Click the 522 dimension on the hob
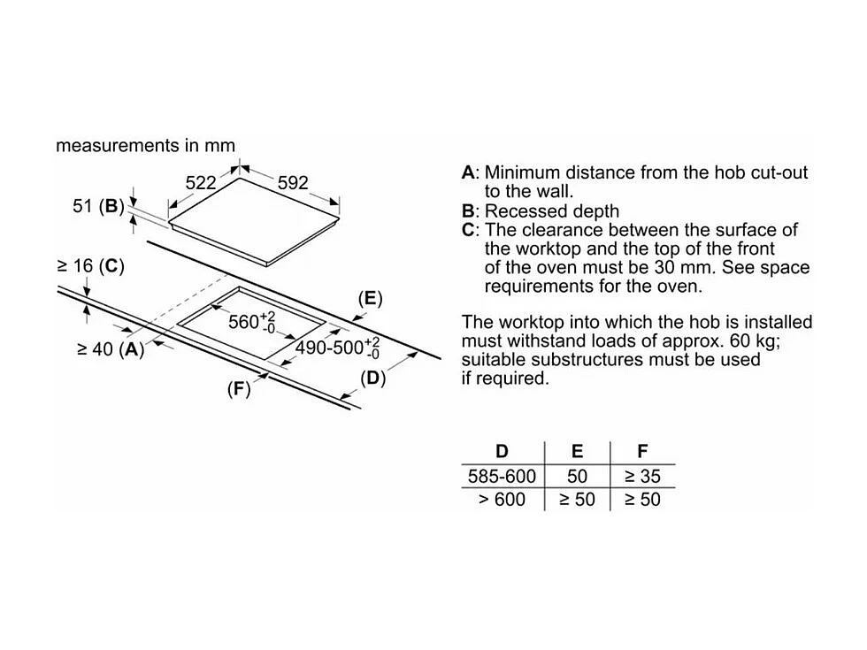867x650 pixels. [200, 182]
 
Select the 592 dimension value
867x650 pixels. [293, 182]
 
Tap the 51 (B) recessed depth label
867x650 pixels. [98, 206]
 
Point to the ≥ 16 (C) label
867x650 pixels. [90, 266]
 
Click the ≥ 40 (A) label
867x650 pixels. [111, 349]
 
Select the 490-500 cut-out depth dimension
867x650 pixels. [337, 348]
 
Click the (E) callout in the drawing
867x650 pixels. [370, 299]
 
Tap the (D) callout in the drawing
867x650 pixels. [372, 379]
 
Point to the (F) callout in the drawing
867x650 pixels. [239, 389]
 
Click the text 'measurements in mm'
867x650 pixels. [145, 145]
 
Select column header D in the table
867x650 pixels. [502, 452]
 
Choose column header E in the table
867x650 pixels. [577, 452]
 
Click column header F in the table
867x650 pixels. [642, 452]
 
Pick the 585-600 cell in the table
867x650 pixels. [502, 476]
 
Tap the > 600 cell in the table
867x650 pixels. [502, 500]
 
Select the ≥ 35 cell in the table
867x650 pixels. [642, 476]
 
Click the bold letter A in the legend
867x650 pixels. [468, 172]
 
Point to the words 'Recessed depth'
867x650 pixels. [552, 211]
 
